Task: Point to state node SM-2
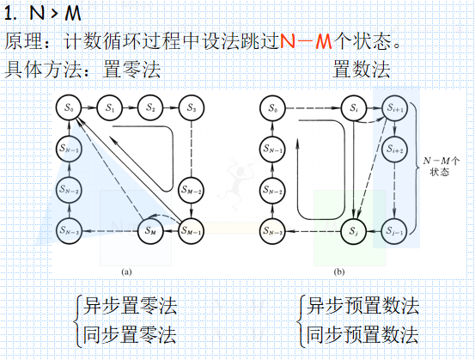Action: click(x=192, y=189)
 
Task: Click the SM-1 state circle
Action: click(x=192, y=229)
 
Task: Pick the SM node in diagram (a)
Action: click(x=150, y=229)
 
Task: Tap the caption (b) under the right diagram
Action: click(x=338, y=272)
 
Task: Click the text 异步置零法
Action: click(x=131, y=305)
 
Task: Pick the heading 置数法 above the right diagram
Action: click(x=361, y=67)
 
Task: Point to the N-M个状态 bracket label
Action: click(x=442, y=166)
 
